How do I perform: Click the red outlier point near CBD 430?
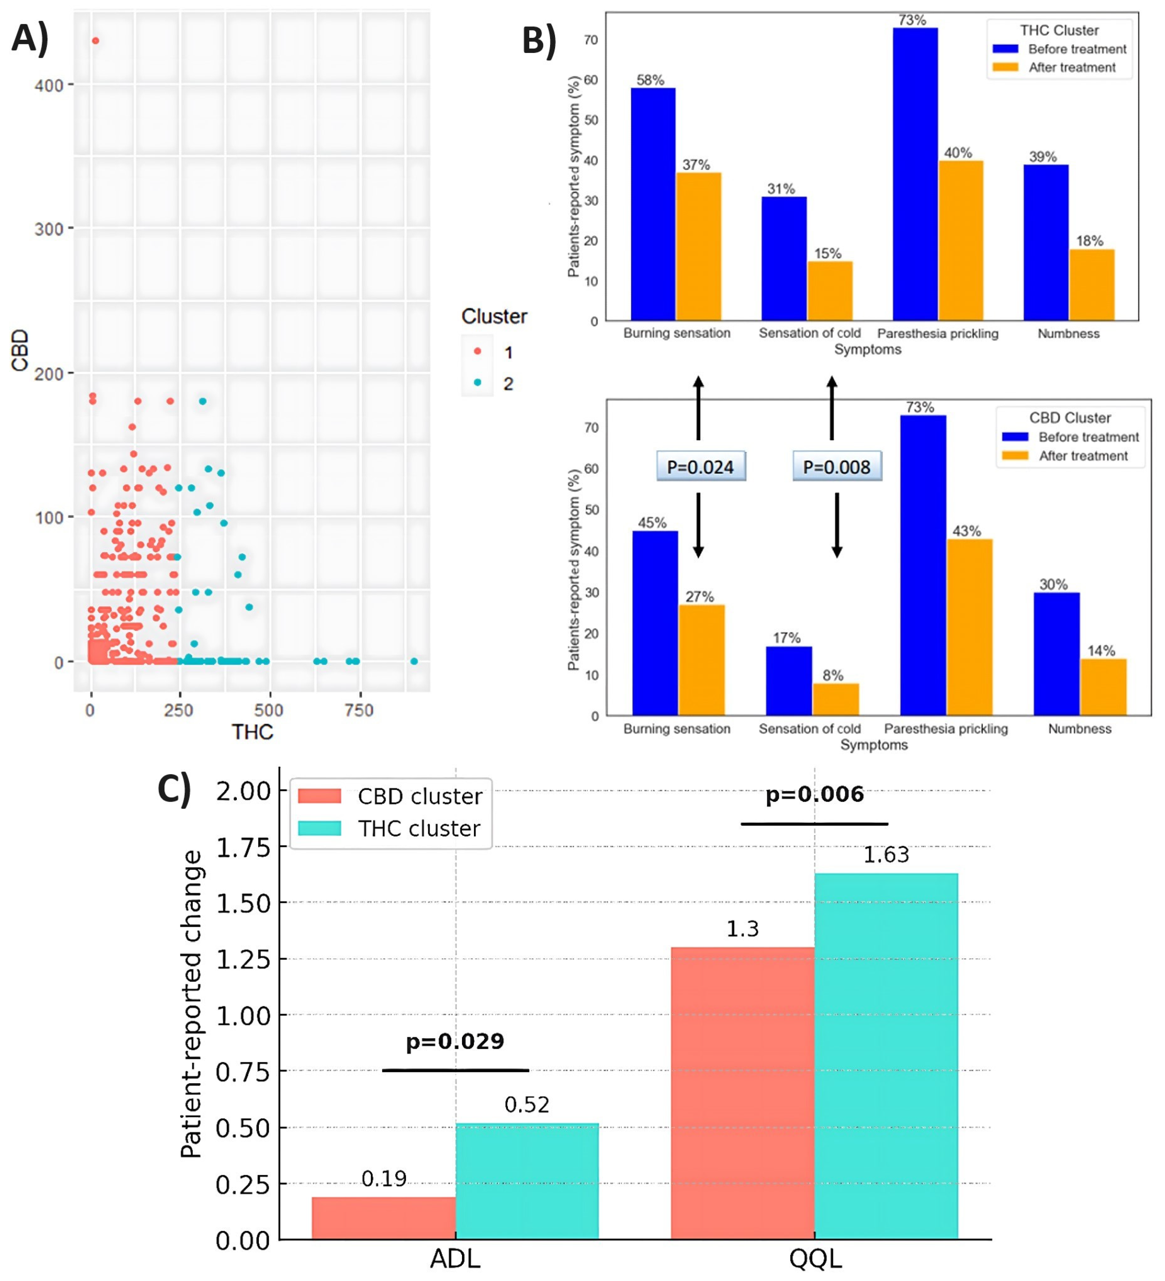(95, 41)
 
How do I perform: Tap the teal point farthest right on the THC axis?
(414, 662)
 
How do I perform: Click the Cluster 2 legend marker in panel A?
(477, 382)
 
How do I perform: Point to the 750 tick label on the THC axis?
(358, 710)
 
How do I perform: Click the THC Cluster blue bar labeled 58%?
(653, 204)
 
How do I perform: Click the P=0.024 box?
(700, 467)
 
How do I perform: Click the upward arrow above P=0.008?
(831, 407)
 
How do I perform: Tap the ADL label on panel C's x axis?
(455, 1258)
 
